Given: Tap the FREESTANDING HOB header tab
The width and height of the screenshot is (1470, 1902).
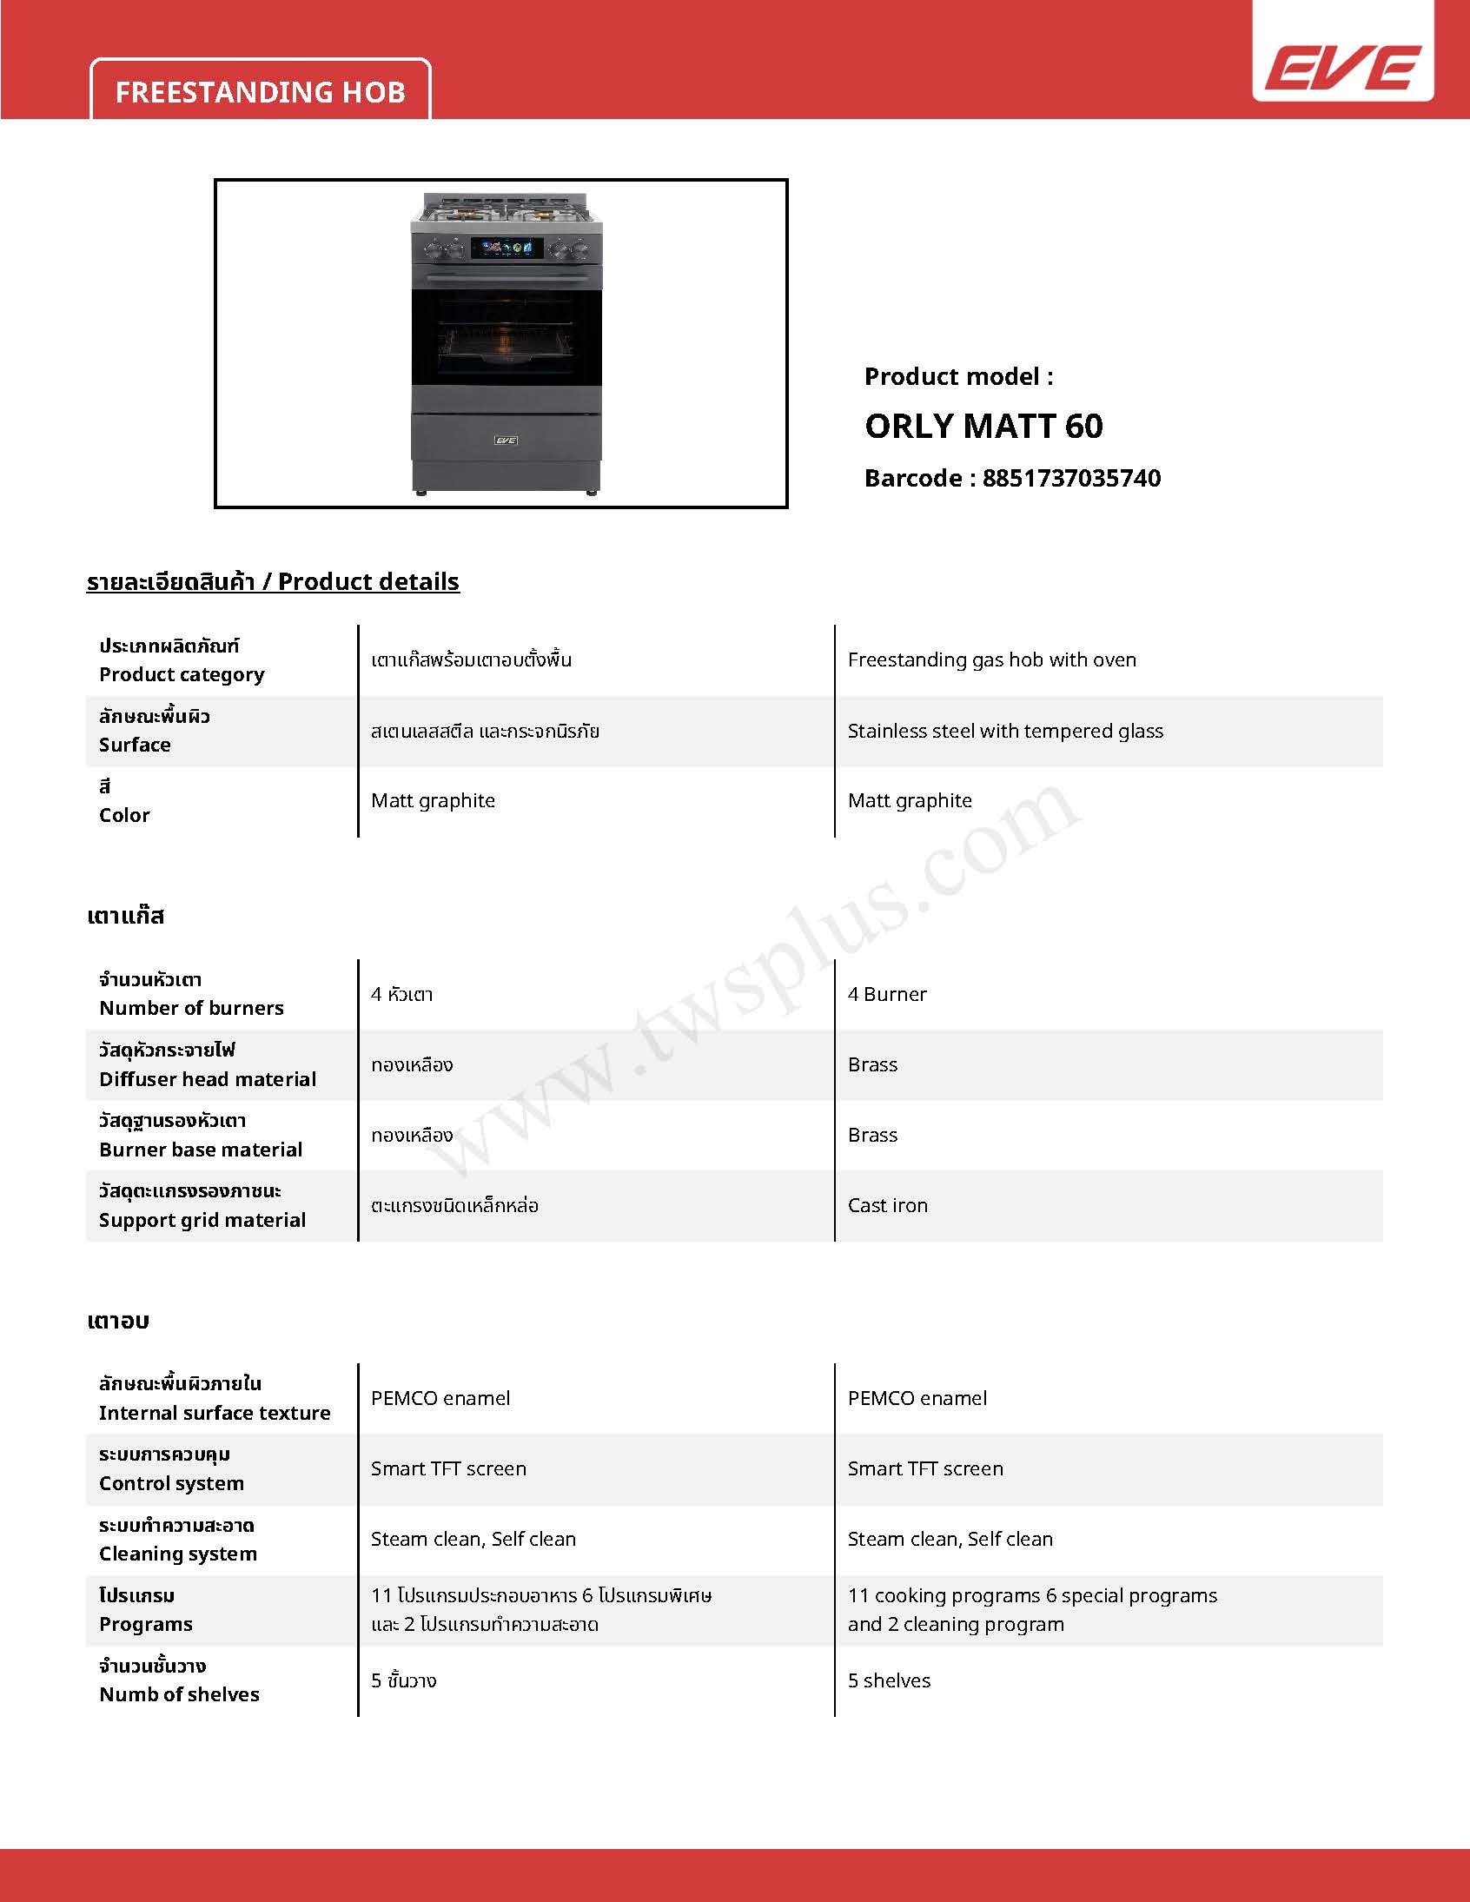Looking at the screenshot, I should pyautogui.click(x=261, y=91).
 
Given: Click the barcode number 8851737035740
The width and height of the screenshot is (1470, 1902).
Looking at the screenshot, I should pyautogui.click(x=1071, y=478).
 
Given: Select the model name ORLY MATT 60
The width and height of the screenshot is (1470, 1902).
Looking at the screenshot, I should pyautogui.click(x=983, y=426).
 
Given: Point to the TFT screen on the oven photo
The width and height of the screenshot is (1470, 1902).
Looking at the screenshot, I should pyautogui.click(x=507, y=249).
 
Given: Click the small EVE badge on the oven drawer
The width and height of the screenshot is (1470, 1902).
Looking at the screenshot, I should pyautogui.click(x=506, y=440).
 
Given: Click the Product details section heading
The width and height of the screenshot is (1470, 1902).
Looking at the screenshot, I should pyautogui.click(x=273, y=581).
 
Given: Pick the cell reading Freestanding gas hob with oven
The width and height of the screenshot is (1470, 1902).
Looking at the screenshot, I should pyautogui.click(x=992, y=659).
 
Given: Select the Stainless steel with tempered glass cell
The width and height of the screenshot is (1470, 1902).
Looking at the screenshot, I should pyautogui.click(x=1005, y=731).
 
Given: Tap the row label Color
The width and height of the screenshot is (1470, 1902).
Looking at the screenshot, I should pyautogui.click(x=124, y=815).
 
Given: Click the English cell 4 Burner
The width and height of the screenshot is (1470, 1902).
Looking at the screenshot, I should pyautogui.click(x=886, y=994).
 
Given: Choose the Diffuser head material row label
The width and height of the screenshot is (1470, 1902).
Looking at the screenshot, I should pyautogui.click(x=208, y=1079).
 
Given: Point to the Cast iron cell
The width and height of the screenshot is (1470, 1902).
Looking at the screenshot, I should pyautogui.click(x=887, y=1205).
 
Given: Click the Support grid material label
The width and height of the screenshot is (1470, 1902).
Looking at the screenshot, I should pyautogui.click(x=202, y=1220).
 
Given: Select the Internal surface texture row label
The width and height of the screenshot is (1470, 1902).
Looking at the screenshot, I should pyautogui.click(x=215, y=1413).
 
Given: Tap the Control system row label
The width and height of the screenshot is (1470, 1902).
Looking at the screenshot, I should pyautogui.click(x=171, y=1483).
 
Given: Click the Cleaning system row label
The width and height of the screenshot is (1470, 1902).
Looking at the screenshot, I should pyautogui.click(x=177, y=1554).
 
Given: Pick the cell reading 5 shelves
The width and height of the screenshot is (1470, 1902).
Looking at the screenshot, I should pyautogui.click(x=889, y=1680).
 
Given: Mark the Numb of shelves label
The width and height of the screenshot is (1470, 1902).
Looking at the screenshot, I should pyautogui.click(x=179, y=1694).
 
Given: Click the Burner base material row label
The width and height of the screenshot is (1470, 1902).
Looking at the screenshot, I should pyautogui.click(x=201, y=1150).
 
